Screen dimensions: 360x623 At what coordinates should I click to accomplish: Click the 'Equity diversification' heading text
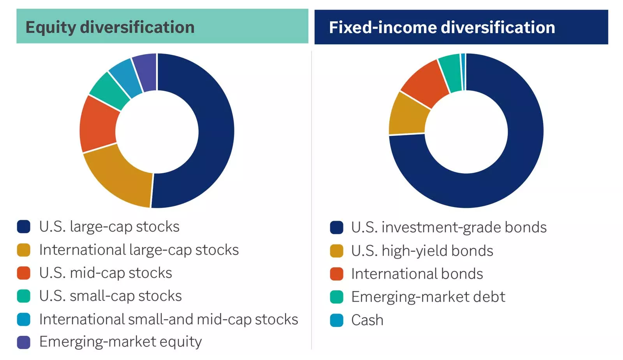pos(110,28)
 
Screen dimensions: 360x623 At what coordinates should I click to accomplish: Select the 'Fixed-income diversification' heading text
pos(442,28)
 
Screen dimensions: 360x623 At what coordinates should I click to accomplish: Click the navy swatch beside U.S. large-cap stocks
pos(24,227)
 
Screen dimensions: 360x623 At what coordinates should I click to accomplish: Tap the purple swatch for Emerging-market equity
pos(24,342)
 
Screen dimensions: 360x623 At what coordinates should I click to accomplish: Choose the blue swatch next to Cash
pos(336,320)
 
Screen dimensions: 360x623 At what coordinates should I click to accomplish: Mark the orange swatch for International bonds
pos(336,274)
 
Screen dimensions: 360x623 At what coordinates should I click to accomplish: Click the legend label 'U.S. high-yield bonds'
pos(422,251)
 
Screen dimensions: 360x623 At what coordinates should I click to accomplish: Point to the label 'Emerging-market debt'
pos(428,297)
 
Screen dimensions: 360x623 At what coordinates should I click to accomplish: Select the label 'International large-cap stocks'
pos(139,250)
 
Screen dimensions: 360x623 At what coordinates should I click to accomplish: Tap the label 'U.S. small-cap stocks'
pos(111,296)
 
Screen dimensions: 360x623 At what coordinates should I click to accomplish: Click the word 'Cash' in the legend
pos(367,320)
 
